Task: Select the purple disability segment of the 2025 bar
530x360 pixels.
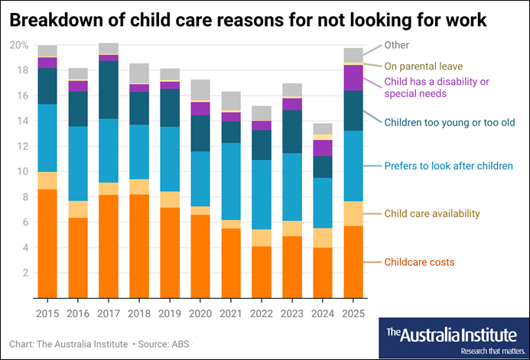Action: click(x=353, y=77)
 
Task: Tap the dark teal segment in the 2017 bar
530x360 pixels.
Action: click(x=109, y=89)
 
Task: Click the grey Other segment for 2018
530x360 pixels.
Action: click(x=139, y=73)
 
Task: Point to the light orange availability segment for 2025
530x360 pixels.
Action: click(x=353, y=213)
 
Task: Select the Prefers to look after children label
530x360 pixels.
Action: click(x=448, y=166)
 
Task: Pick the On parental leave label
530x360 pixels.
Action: click(x=423, y=66)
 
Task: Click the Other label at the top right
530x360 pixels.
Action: click(x=396, y=45)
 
